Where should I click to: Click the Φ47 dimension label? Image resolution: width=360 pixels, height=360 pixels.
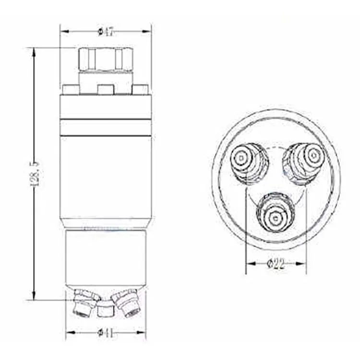point(106,32)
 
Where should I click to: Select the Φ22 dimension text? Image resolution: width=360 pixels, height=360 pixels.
point(276,264)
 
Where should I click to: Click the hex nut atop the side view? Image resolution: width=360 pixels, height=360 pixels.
point(105,60)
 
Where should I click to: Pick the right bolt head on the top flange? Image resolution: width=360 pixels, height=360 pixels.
point(140,90)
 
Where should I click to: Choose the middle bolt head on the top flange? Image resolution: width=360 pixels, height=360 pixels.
point(105,90)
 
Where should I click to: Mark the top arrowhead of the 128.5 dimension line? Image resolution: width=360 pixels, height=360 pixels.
point(34,51)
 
